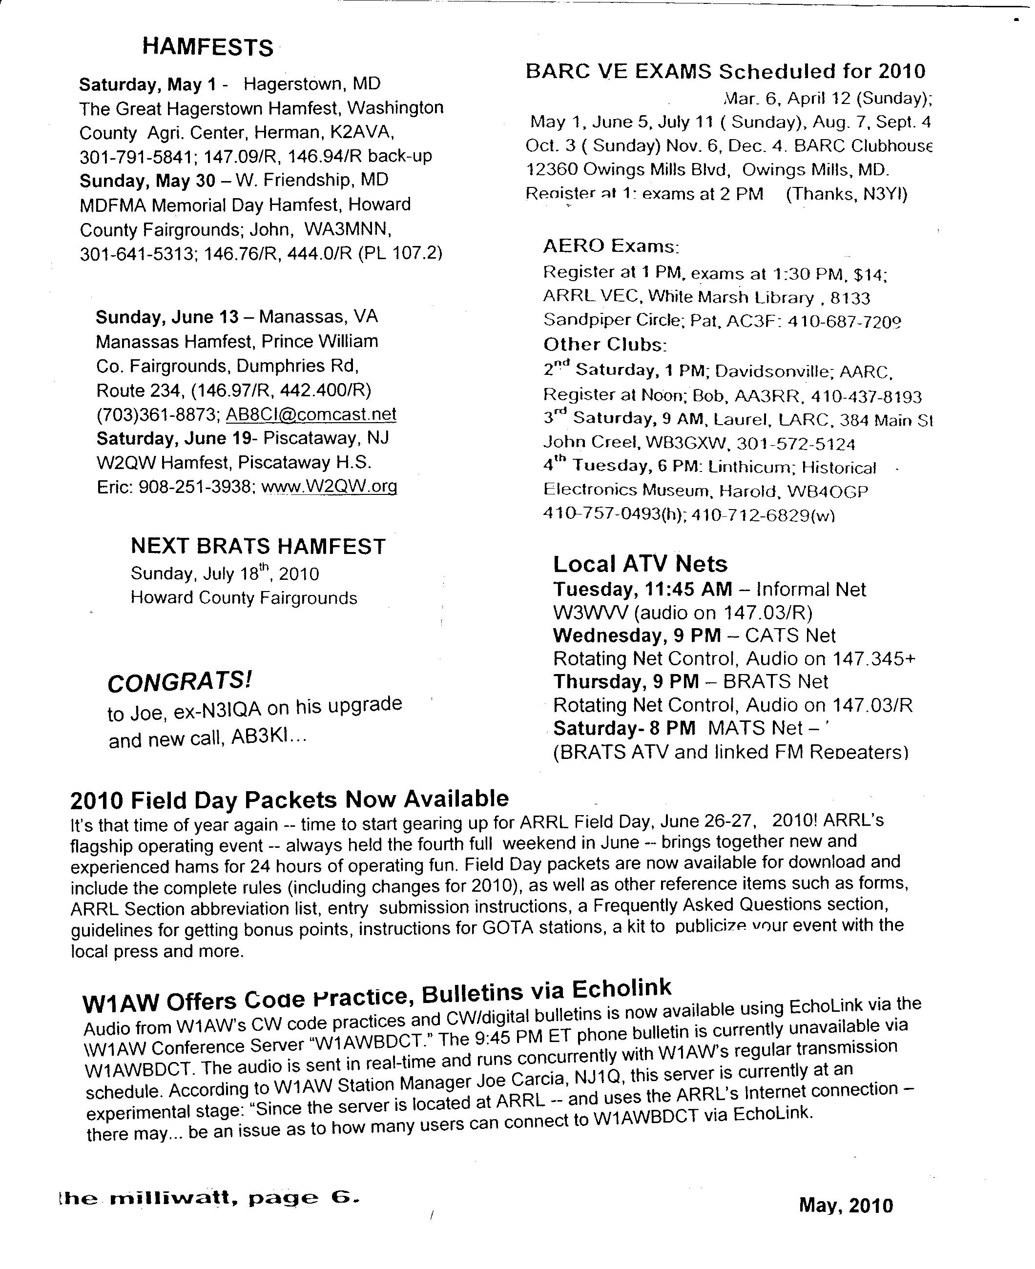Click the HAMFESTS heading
(x=207, y=47)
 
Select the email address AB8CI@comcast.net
(x=310, y=414)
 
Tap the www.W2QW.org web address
(x=329, y=487)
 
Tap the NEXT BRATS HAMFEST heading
(x=258, y=546)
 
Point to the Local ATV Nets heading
(x=641, y=564)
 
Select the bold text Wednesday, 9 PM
(x=637, y=635)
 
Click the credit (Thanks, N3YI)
(x=847, y=194)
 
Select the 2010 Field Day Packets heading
(x=289, y=799)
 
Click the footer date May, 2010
(x=846, y=1205)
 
